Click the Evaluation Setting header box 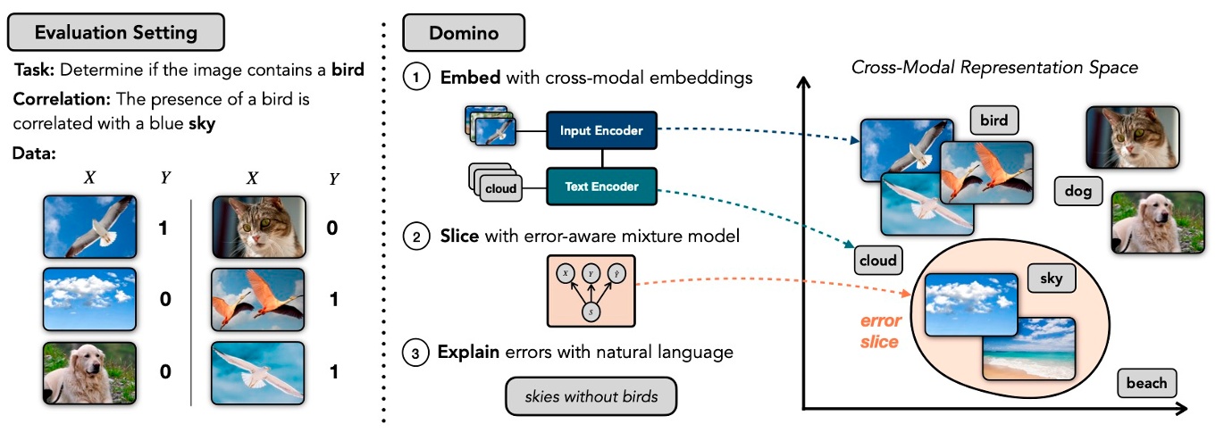pyautogui.click(x=115, y=33)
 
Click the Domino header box pyautogui.click(x=464, y=33)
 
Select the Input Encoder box pyautogui.click(x=600, y=130)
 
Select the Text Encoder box pyautogui.click(x=600, y=187)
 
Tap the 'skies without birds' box pyautogui.click(x=591, y=395)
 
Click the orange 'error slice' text pyautogui.click(x=881, y=331)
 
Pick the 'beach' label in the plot pyautogui.click(x=1146, y=383)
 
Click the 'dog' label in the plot pyautogui.click(x=1078, y=190)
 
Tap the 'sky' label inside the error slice pyautogui.click(x=1051, y=278)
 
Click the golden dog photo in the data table pyautogui.click(x=88, y=370)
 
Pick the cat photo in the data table pyautogui.click(x=259, y=228)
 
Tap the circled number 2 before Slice pyautogui.click(x=415, y=238)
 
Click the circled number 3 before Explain pyautogui.click(x=415, y=353)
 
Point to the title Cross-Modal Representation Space pyautogui.click(x=993, y=67)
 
